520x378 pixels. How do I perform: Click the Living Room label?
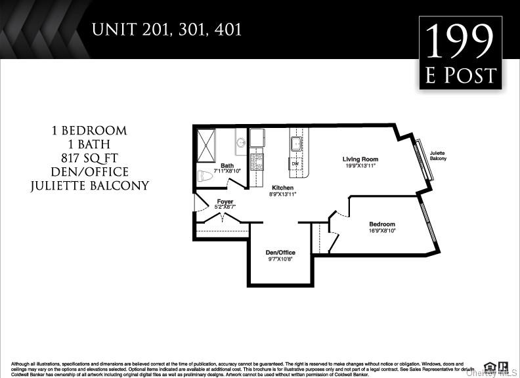(x=360, y=159)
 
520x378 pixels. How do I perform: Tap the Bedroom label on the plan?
(x=382, y=224)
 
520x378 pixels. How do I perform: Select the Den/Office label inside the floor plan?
(x=280, y=253)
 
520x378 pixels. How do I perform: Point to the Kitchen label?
(x=283, y=188)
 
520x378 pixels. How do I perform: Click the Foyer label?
(x=225, y=201)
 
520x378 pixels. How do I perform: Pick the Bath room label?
(x=227, y=165)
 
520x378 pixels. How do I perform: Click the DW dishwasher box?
(x=295, y=163)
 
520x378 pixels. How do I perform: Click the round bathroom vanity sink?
(x=241, y=142)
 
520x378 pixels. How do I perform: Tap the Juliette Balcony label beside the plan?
(x=438, y=156)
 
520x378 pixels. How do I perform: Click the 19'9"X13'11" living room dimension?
(x=360, y=166)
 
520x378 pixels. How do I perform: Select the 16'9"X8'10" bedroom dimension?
(x=382, y=230)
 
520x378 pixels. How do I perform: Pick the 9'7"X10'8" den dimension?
(x=280, y=259)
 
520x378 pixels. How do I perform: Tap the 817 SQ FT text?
(x=89, y=157)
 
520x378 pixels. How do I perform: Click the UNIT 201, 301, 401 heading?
(x=167, y=30)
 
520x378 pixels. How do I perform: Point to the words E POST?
(x=461, y=75)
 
